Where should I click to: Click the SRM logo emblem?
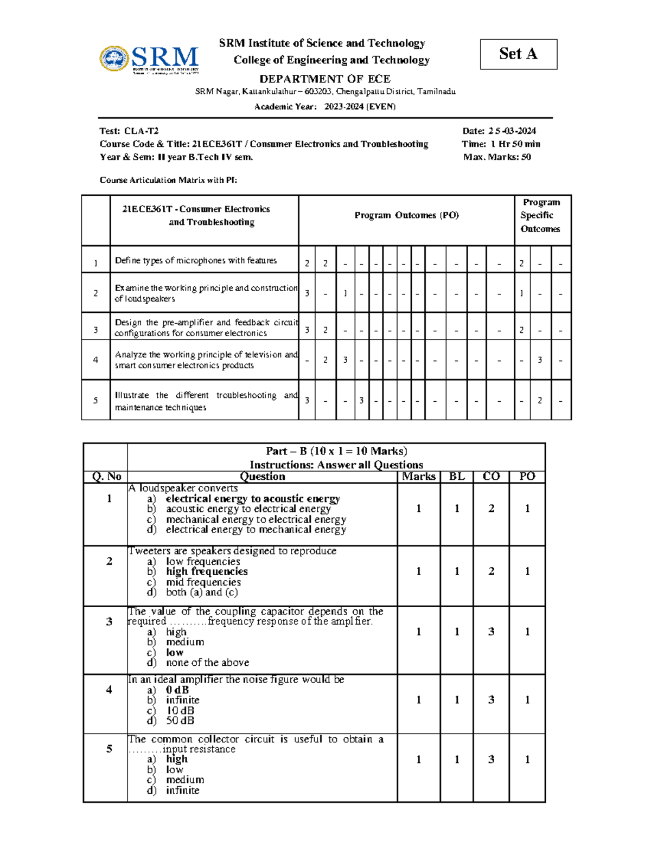pyautogui.click(x=114, y=59)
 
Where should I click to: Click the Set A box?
pyautogui.click(x=518, y=54)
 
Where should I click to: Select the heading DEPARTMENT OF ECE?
pyautogui.click(x=324, y=79)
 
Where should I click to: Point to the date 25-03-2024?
pyautogui.click(x=512, y=131)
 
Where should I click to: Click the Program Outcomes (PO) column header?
pyautogui.click(x=406, y=215)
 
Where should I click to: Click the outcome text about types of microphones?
pyautogui.click(x=196, y=260)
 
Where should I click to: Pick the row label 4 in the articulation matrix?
pyautogui.click(x=95, y=359)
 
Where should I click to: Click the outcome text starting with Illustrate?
pyautogui.click(x=206, y=401)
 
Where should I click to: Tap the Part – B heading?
pyautogui.click(x=336, y=451)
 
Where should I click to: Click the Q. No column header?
pyautogui.click(x=106, y=477)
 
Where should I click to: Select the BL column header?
pyautogui.click(x=457, y=477)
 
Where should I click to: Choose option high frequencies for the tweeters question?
pyautogui.click(x=207, y=571)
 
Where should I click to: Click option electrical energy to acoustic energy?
pyautogui.click(x=253, y=498)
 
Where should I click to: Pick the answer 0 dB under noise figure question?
pyautogui.click(x=177, y=690)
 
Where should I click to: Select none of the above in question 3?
pyautogui.click(x=207, y=663)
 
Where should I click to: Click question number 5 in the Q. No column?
pyautogui.click(x=109, y=749)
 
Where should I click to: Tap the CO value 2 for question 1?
pyautogui.click(x=492, y=509)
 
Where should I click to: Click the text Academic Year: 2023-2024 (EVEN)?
pyautogui.click(x=325, y=106)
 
